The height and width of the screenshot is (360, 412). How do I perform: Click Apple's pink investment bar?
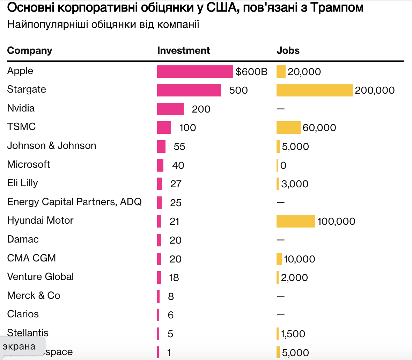(195, 72)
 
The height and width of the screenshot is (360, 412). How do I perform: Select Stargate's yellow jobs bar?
(314, 90)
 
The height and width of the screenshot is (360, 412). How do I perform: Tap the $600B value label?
(251, 72)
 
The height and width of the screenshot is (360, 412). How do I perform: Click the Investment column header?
(183, 50)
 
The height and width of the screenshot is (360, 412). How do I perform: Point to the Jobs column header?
(288, 50)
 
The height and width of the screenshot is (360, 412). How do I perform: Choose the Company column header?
(30, 50)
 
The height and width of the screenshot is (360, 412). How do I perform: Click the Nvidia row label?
(21, 108)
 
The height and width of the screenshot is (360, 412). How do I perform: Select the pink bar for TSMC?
(164, 128)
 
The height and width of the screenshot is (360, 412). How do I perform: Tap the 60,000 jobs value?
(319, 128)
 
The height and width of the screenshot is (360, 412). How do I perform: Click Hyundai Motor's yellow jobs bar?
(296, 221)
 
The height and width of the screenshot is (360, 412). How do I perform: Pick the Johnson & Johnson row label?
(52, 145)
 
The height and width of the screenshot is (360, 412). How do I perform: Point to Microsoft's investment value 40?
(178, 165)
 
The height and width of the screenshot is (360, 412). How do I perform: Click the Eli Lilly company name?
(23, 183)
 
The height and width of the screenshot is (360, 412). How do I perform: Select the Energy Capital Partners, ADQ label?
(74, 202)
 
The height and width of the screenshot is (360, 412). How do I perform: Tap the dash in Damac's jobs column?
(281, 240)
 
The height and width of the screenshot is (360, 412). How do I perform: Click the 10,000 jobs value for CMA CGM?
(299, 259)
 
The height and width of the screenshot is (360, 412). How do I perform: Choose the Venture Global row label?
(41, 276)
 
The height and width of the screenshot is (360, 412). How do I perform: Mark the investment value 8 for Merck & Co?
(171, 296)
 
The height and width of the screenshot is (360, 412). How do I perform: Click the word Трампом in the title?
(337, 8)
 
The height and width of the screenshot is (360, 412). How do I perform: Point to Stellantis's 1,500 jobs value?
(293, 334)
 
